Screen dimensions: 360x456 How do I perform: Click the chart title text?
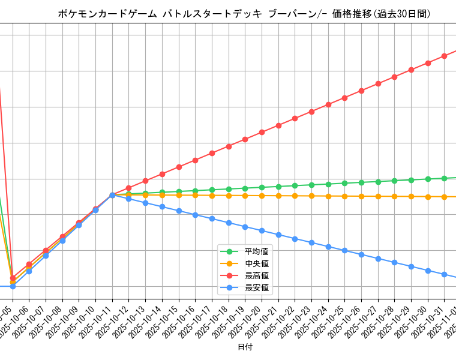[x=244, y=14]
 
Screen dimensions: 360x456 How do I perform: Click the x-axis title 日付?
[x=245, y=347]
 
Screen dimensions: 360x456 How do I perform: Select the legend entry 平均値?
[x=256, y=251]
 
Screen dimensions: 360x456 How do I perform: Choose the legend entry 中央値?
[x=256, y=263]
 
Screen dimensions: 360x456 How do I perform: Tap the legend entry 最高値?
[x=256, y=275]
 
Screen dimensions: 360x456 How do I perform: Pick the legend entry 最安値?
[x=256, y=288]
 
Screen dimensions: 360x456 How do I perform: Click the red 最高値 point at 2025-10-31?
[x=444, y=56]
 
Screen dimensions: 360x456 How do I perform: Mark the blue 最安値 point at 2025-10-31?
[x=444, y=274]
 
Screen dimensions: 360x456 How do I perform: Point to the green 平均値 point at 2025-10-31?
[x=444, y=178]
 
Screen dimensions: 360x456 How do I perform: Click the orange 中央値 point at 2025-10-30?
[x=428, y=197]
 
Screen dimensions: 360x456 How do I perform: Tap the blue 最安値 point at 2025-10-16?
[x=195, y=215]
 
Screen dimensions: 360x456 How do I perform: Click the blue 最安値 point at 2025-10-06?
[x=13, y=286]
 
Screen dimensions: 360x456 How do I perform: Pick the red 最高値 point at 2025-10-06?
[x=13, y=278]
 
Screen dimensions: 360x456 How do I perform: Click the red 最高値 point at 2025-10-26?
[x=361, y=91]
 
